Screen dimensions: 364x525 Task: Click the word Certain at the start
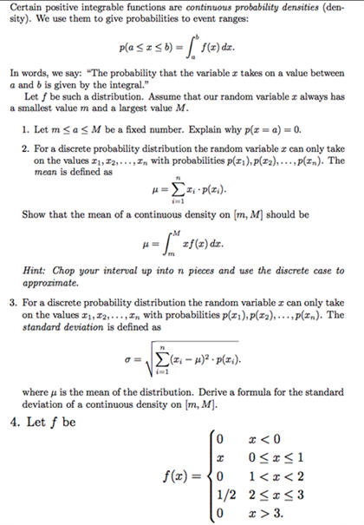click(26, 8)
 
